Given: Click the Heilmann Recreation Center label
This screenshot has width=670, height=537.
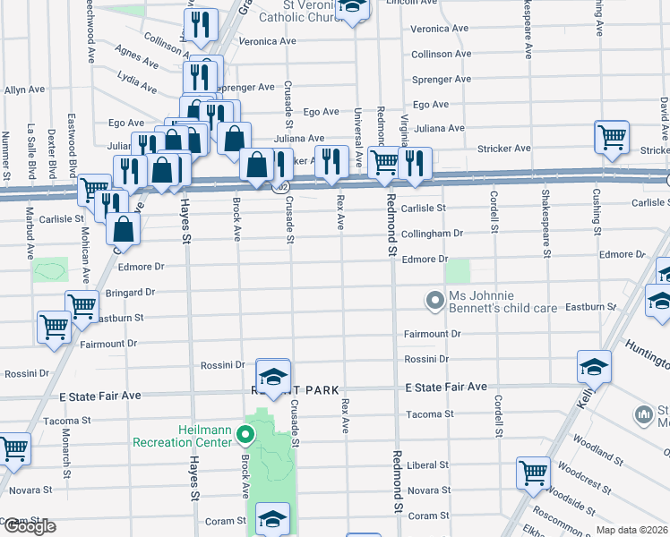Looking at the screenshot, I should pyautogui.click(x=184, y=435).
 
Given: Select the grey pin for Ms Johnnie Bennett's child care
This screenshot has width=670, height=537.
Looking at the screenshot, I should pyautogui.click(x=435, y=300).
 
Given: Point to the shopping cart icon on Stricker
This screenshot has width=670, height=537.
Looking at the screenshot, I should pyautogui.click(x=611, y=139).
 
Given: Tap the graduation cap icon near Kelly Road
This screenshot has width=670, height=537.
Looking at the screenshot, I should pyautogui.click(x=593, y=367).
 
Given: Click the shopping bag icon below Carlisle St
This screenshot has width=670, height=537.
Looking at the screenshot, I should pyautogui.click(x=123, y=229).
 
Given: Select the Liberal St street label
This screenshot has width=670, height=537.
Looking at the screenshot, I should pyautogui.click(x=427, y=465).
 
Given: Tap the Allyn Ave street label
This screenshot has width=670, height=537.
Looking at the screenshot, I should pyautogui.click(x=24, y=89).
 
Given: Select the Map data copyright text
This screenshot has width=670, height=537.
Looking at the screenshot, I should pyautogui.click(x=631, y=529).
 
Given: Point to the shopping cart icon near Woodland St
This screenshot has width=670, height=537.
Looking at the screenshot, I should pyautogui.click(x=533, y=472).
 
